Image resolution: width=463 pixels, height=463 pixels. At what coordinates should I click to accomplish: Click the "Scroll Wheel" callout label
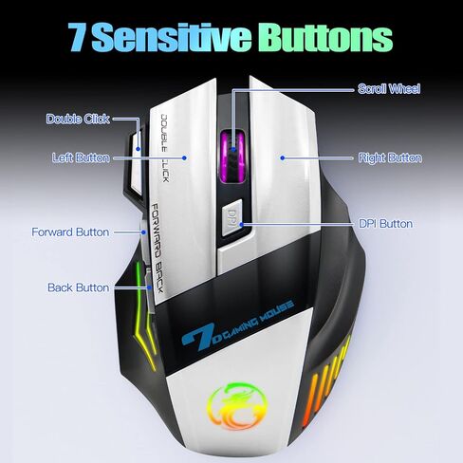click(x=389, y=89)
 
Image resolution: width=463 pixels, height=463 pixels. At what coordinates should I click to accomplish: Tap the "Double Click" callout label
click(x=78, y=119)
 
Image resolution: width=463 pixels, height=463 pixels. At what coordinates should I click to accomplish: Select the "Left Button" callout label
click(x=81, y=157)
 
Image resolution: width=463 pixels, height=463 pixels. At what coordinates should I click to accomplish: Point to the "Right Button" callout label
click(x=390, y=157)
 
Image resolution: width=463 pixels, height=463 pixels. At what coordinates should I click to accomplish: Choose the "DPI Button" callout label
click(x=385, y=224)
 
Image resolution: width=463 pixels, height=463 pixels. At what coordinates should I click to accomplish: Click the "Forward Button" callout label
click(x=70, y=232)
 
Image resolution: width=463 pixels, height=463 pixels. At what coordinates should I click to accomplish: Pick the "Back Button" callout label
click(x=78, y=287)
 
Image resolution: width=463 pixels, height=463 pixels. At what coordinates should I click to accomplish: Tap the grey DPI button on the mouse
click(x=231, y=218)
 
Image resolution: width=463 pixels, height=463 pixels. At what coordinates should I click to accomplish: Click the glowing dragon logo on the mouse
click(x=237, y=406)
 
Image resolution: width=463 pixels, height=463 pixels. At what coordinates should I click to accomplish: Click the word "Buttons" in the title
click(x=325, y=38)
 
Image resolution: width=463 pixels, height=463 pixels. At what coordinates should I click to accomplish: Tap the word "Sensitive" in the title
click(x=172, y=37)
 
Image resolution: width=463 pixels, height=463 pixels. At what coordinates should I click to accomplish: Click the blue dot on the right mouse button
click(x=283, y=157)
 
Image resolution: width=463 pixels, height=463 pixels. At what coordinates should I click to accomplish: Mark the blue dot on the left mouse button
click(x=184, y=157)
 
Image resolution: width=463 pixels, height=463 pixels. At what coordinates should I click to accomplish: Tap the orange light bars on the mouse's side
click(x=325, y=381)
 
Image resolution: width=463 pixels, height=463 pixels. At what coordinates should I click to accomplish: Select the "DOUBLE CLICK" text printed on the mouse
click(x=165, y=148)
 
